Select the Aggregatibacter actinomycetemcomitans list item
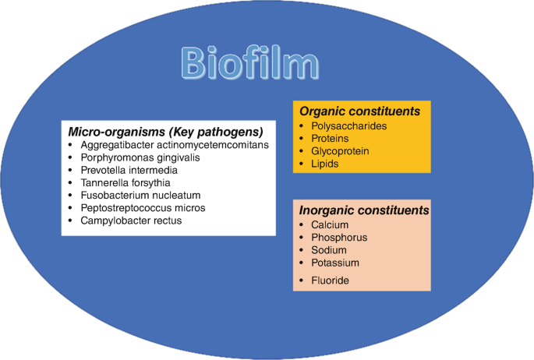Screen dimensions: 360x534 pos(179,145)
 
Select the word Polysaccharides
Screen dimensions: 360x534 pos(349,125)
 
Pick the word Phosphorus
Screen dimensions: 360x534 pos(338,237)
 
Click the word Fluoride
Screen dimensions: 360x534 pos(330,280)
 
